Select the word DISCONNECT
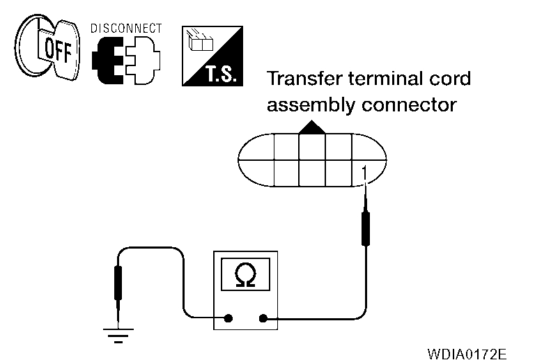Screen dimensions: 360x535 (126, 29)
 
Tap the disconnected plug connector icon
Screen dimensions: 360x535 (126, 60)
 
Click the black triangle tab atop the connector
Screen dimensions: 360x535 (311, 127)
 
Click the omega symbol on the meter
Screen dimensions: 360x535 (245, 277)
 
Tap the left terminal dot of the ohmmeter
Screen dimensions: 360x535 (228, 319)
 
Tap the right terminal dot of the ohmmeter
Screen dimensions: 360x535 (263, 319)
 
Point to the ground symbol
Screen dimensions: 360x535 (118, 336)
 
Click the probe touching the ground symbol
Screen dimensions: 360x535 (118, 285)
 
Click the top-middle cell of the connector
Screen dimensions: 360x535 (311, 146)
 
